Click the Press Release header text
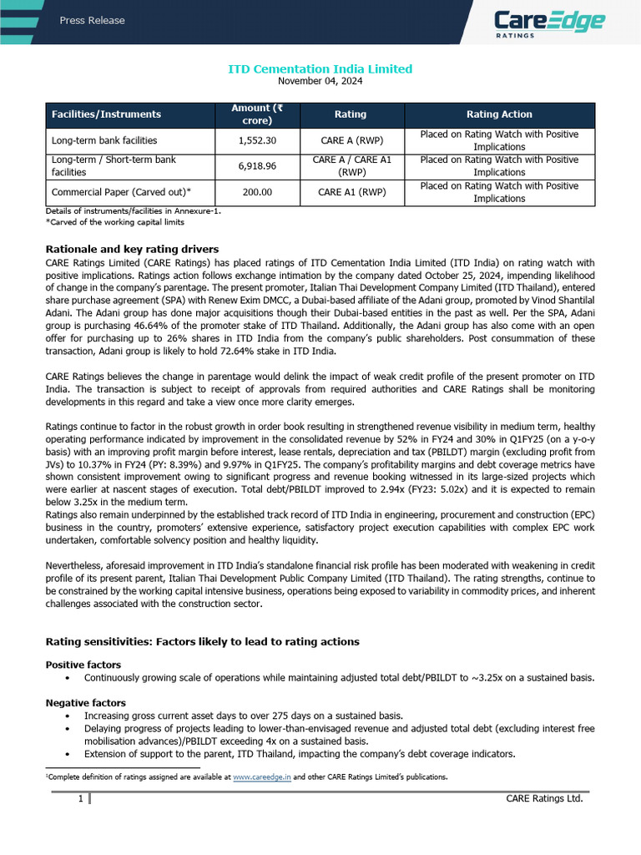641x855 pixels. point(92,21)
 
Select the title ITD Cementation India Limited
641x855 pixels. point(320,68)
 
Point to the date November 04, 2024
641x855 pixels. point(320,81)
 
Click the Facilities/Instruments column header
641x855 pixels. point(106,114)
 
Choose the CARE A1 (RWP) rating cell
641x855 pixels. point(351,192)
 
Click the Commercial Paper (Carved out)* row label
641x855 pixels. point(128,192)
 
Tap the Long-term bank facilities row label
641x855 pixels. point(104,140)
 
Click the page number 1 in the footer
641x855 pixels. point(80,800)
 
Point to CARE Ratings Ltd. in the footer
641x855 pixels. point(544,800)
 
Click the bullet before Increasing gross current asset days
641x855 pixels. point(67,716)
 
